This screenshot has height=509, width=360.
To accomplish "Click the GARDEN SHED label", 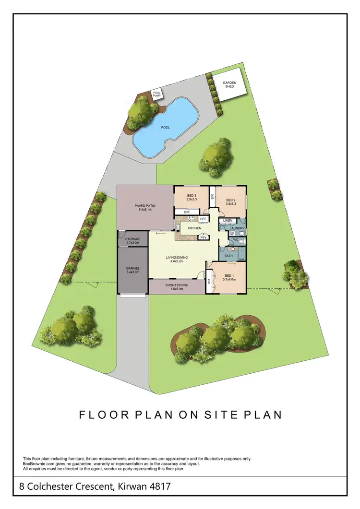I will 229,85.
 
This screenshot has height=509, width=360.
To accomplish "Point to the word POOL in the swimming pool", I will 166,128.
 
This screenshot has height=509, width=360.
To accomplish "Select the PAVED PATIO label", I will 145,206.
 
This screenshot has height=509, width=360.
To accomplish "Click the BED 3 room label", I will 192,196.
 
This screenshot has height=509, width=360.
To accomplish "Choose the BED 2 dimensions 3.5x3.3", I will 230,204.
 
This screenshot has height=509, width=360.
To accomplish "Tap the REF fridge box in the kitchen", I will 203,219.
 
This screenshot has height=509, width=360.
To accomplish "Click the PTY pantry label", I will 204,237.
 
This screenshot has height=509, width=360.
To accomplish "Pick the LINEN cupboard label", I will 228,220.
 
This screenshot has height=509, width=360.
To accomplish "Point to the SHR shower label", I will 242,260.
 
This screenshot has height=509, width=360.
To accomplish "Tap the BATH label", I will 228,256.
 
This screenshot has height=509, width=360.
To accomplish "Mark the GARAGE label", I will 132,269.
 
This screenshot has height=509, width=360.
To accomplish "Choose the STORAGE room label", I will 132,239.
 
